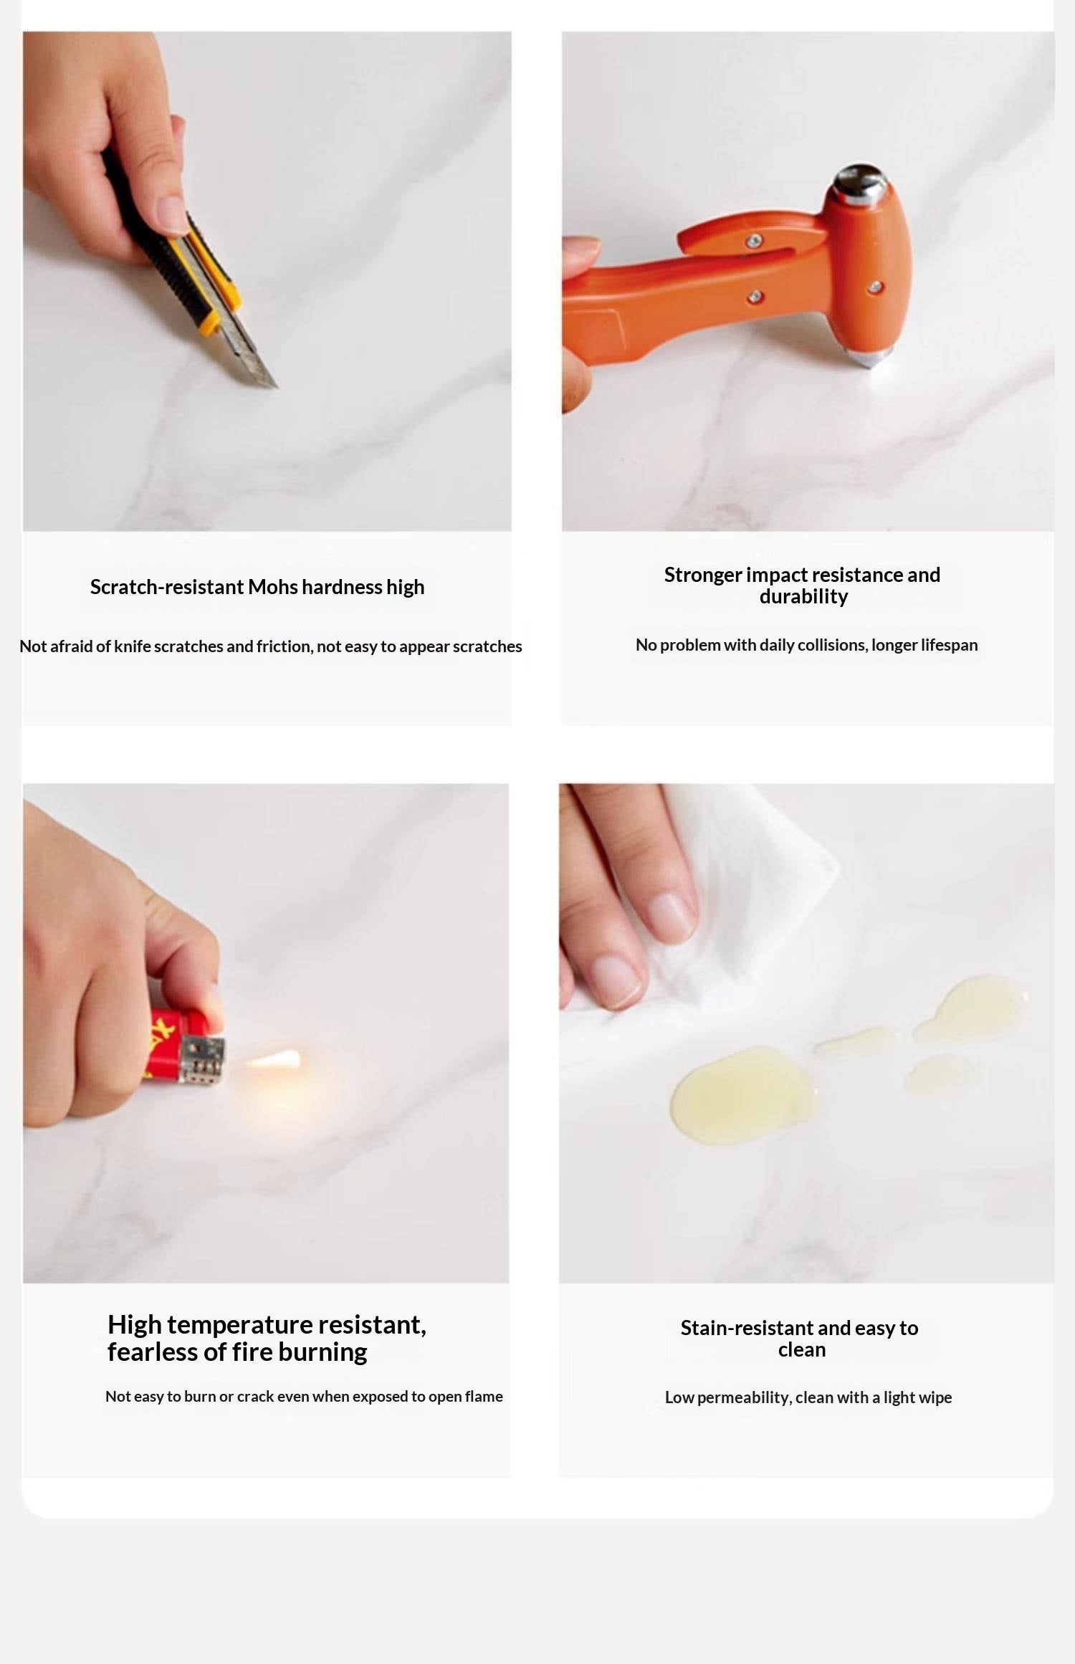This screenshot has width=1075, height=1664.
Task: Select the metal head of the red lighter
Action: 202,1060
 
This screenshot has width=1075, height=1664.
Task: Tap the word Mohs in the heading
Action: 272,587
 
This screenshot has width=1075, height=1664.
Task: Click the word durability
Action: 803,597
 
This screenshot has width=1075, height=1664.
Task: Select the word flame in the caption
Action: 484,1396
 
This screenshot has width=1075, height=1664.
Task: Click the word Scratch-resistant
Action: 167,587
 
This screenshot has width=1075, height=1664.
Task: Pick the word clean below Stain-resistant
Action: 802,1350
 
